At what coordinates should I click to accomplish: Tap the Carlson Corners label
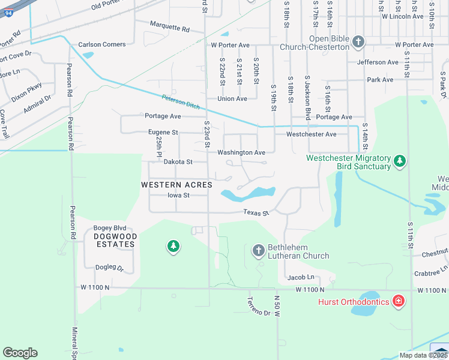tap(102, 44)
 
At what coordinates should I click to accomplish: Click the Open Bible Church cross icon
tap(358, 42)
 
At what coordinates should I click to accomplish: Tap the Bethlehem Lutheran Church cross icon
tap(258, 250)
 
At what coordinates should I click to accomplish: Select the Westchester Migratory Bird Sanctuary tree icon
tap(399, 161)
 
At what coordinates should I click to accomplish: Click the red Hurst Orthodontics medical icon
tap(397, 301)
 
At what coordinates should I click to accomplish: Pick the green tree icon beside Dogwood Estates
tap(173, 246)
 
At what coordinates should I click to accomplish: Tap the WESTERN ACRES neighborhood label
tap(176, 185)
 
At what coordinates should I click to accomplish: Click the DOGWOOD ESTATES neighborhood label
tap(115, 240)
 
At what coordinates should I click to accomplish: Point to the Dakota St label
tap(178, 162)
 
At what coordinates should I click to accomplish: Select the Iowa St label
tap(178, 195)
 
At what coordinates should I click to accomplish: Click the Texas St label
tap(256, 212)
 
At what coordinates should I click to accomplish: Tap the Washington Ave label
tap(241, 153)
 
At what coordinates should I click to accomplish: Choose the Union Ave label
tap(232, 99)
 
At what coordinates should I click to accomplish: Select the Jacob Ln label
tap(301, 277)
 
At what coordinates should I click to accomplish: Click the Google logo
tap(20, 353)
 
